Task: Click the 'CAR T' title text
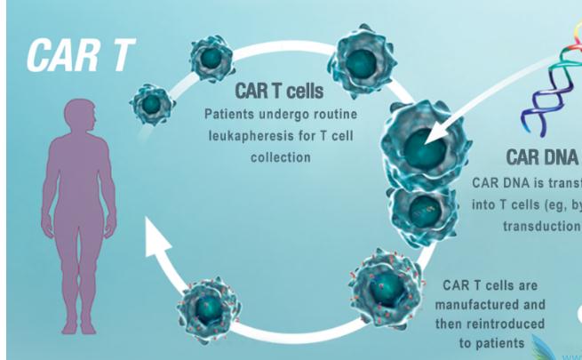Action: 79,55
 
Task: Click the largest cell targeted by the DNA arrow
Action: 423,143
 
